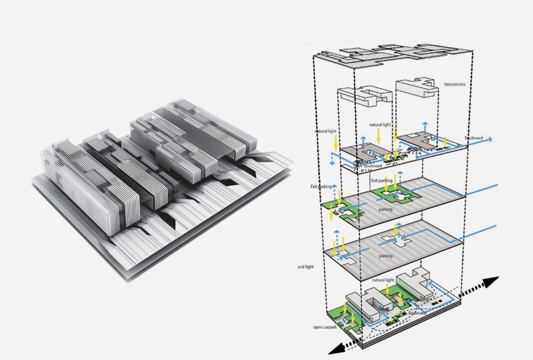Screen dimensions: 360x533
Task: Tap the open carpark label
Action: [325, 328]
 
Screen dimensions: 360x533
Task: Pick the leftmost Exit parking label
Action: [322, 186]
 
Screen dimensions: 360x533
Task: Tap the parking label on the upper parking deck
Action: [386, 209]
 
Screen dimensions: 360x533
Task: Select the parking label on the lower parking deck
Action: [385, 256]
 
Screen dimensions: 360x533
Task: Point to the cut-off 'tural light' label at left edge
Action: [305, 266]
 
